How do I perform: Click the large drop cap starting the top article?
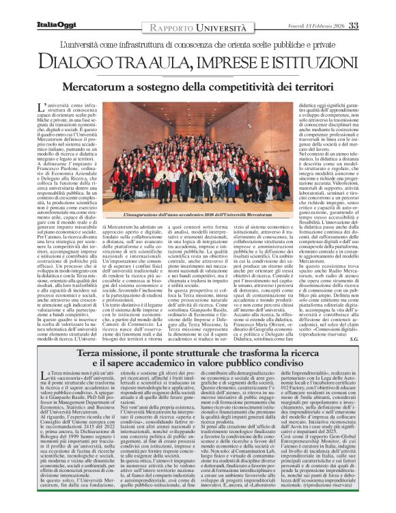click(40, 109)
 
